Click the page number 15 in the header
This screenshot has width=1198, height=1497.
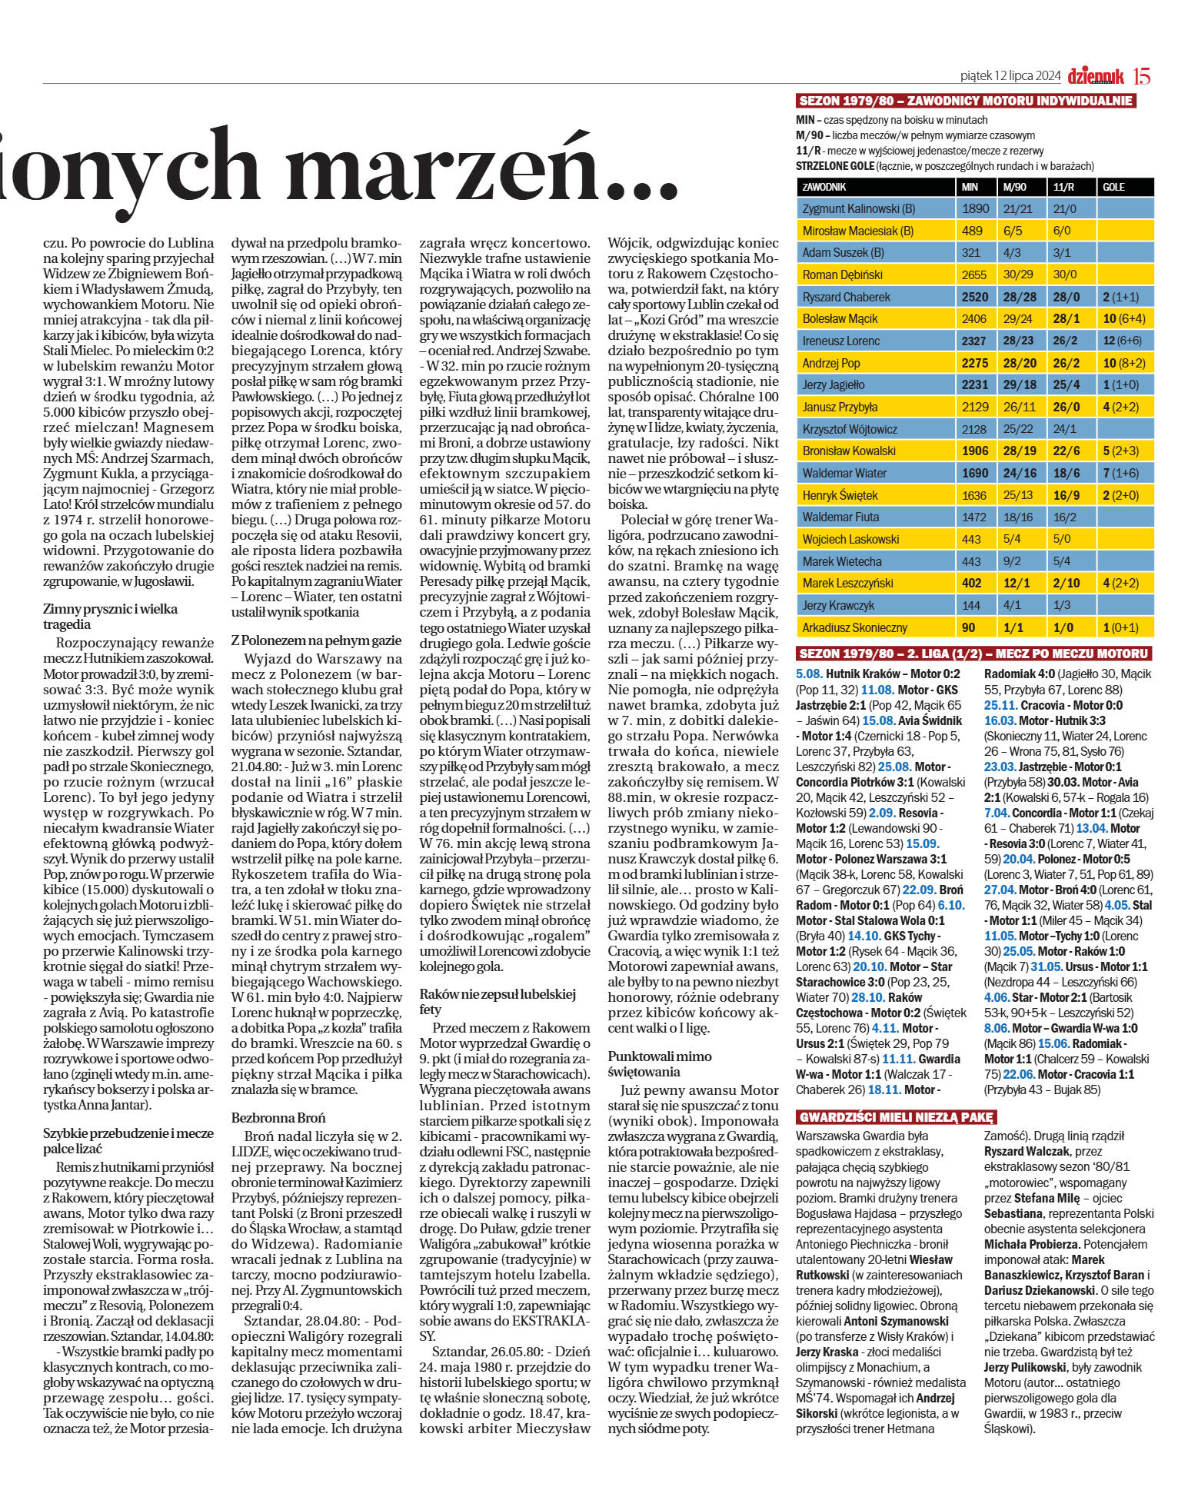1141,75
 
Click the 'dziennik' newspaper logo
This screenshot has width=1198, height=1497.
1095,75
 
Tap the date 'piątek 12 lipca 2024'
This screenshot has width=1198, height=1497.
1010,75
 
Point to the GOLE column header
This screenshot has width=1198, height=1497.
1113,187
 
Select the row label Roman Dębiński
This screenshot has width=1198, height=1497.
842,274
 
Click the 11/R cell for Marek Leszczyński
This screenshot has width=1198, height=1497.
1066,583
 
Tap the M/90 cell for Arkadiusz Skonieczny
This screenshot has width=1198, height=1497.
1014,627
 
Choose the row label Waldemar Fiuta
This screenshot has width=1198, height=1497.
840,517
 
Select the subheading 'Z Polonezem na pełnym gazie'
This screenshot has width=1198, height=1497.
316,640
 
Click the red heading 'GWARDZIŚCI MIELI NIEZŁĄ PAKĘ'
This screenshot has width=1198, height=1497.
896,1117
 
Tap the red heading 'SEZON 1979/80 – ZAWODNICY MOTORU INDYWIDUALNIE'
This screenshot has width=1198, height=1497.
965,101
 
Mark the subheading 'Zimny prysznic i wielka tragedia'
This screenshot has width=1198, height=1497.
110,616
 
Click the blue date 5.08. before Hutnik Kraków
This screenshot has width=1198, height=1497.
809,674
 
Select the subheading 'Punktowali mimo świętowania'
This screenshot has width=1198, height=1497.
660,1063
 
